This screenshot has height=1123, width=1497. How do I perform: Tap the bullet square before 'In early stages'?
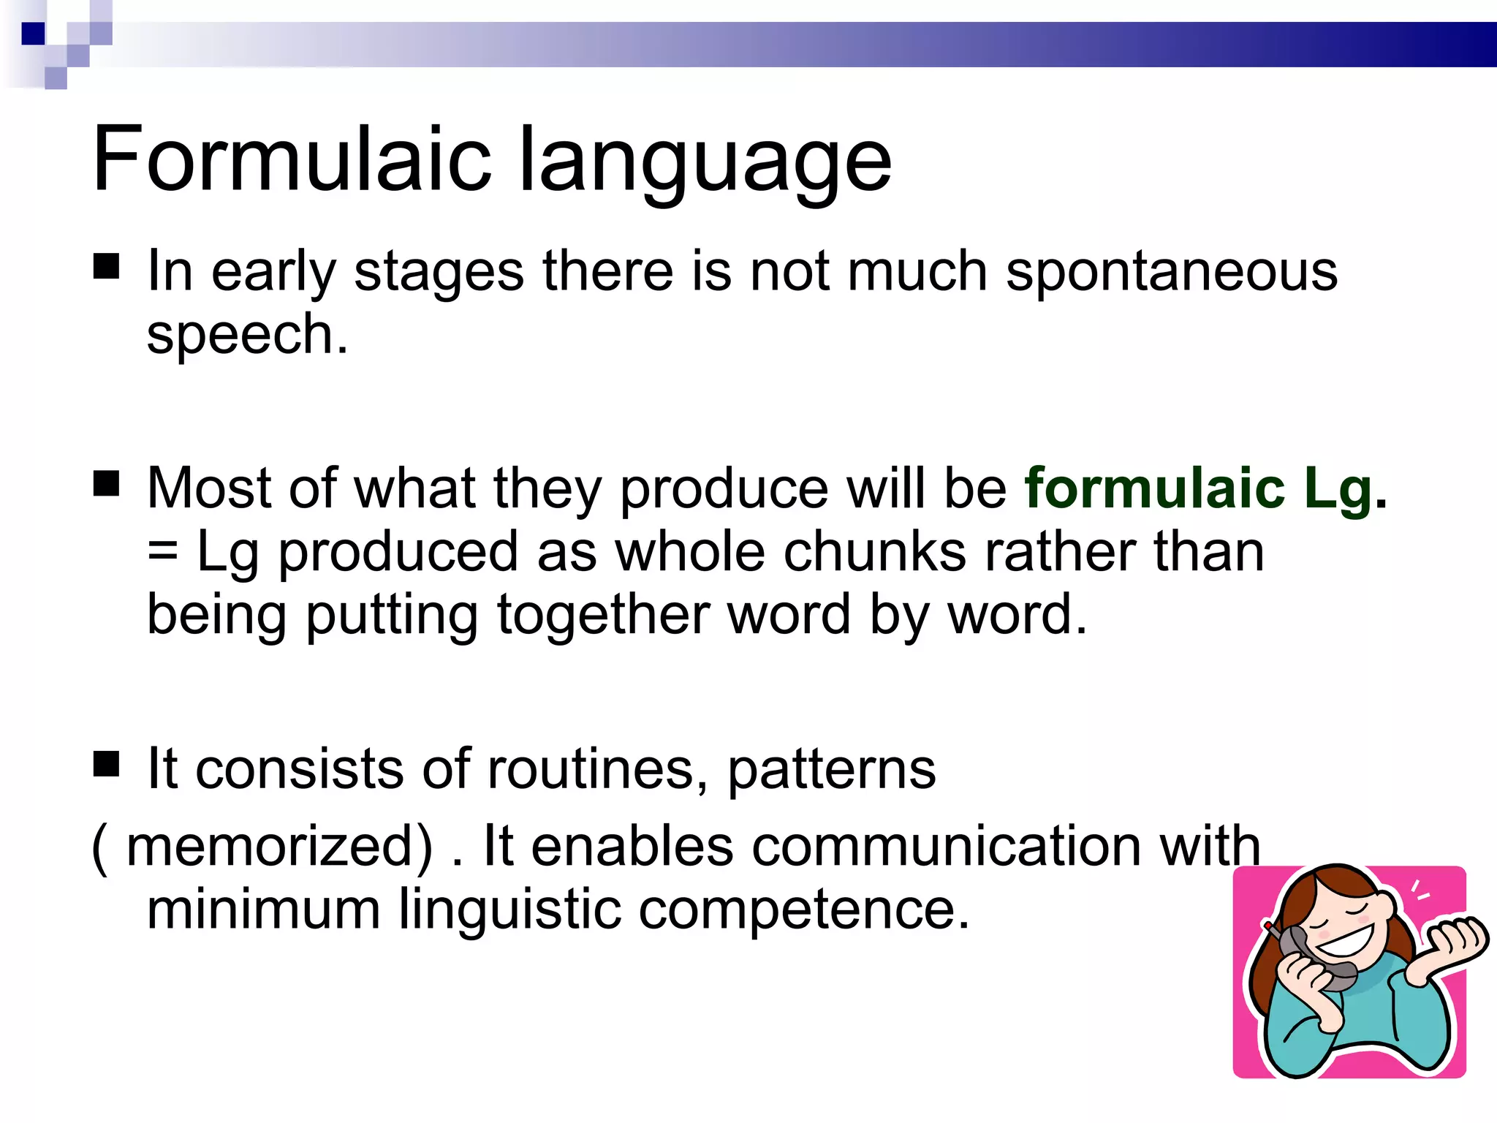107,267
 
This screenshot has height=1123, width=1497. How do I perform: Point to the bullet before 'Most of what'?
107,483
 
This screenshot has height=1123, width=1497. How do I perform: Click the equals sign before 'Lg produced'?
162,553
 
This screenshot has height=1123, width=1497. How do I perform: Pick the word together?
602,616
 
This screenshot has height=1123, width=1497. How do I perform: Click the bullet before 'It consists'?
107,765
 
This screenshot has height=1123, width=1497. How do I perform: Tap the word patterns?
831,771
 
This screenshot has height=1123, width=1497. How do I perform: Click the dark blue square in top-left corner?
34,34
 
